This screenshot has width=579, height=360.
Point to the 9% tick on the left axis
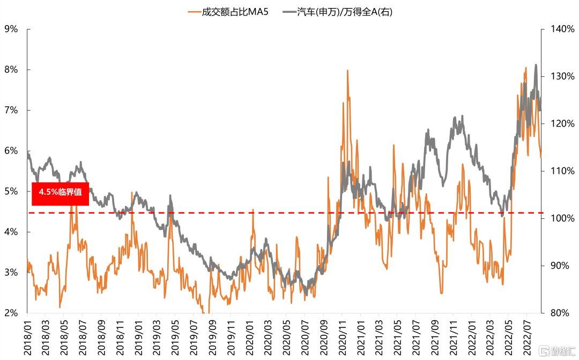[x=11, y=29]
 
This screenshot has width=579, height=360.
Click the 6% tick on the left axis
[x=11, y=151]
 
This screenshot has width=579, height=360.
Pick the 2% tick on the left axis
[x=11, y=313]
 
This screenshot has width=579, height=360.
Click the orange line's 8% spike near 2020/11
[x=347, y=70]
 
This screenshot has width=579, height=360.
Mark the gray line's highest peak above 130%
[x=536, y=65]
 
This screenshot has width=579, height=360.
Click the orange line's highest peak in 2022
[x=526, y=68]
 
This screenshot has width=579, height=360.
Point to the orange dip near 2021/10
[x=441, y=293]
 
